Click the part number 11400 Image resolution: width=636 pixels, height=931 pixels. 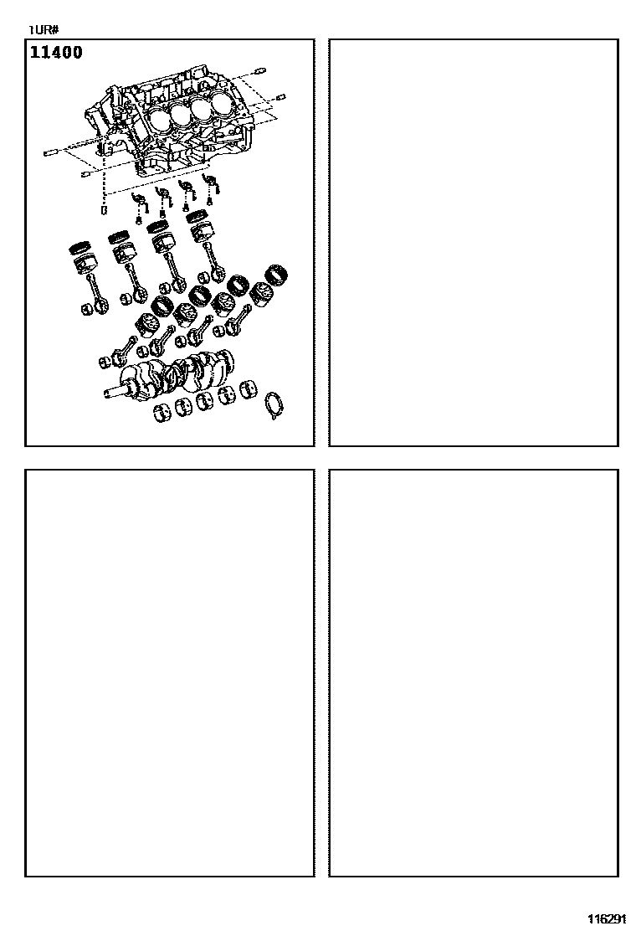pyautogui.click(x=56, y=52)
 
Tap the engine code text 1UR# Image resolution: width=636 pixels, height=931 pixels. pyautogui.click(x=42, y=29)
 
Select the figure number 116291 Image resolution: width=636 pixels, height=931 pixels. pyautogui.click(x=607, y=918)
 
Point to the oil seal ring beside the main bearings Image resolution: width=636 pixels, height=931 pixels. pyautogui.click(x=274, y=404)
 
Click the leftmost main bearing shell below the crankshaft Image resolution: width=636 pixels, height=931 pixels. pyautogui.click(x=162, y=414)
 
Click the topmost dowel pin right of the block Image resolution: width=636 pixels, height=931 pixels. pyautogui.click(x=258, y=73)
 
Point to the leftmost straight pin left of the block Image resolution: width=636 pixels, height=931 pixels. pyautogui.click(x=50, y=154)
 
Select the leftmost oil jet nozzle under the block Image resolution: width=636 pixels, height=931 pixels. pyautogui.click(x=139, y=203)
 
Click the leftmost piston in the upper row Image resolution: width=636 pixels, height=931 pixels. pyautogui.click(x=82, y=262)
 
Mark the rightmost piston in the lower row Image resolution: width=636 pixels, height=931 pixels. pyautogui.click(x=260, y=294)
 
